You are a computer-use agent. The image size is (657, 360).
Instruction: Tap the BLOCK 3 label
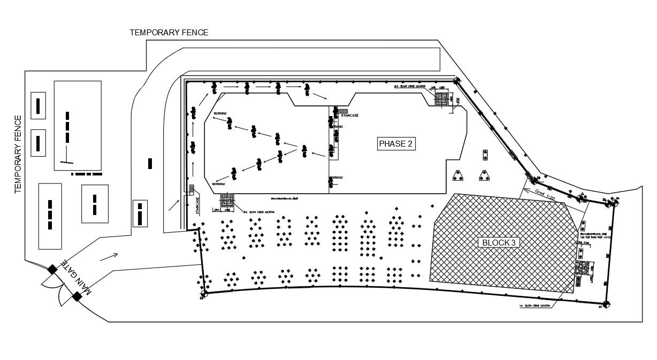click(499, 242)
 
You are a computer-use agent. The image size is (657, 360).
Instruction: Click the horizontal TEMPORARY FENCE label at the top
click(169, 33)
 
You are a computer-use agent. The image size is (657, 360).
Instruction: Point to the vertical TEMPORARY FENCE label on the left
click(18, 154)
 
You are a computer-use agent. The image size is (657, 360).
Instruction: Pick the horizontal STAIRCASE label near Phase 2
click(349, 115)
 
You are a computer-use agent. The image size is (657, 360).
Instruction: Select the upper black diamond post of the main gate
click(52, 269)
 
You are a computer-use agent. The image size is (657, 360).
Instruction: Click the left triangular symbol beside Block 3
click(457, 176)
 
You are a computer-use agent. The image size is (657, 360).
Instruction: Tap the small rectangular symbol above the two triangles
click(485, 155)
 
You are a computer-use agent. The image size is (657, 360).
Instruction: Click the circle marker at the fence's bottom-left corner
click(204, 294)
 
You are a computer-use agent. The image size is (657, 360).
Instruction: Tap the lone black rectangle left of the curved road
click(150, 163)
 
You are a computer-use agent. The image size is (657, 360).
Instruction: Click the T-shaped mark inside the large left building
click(67, 161)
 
